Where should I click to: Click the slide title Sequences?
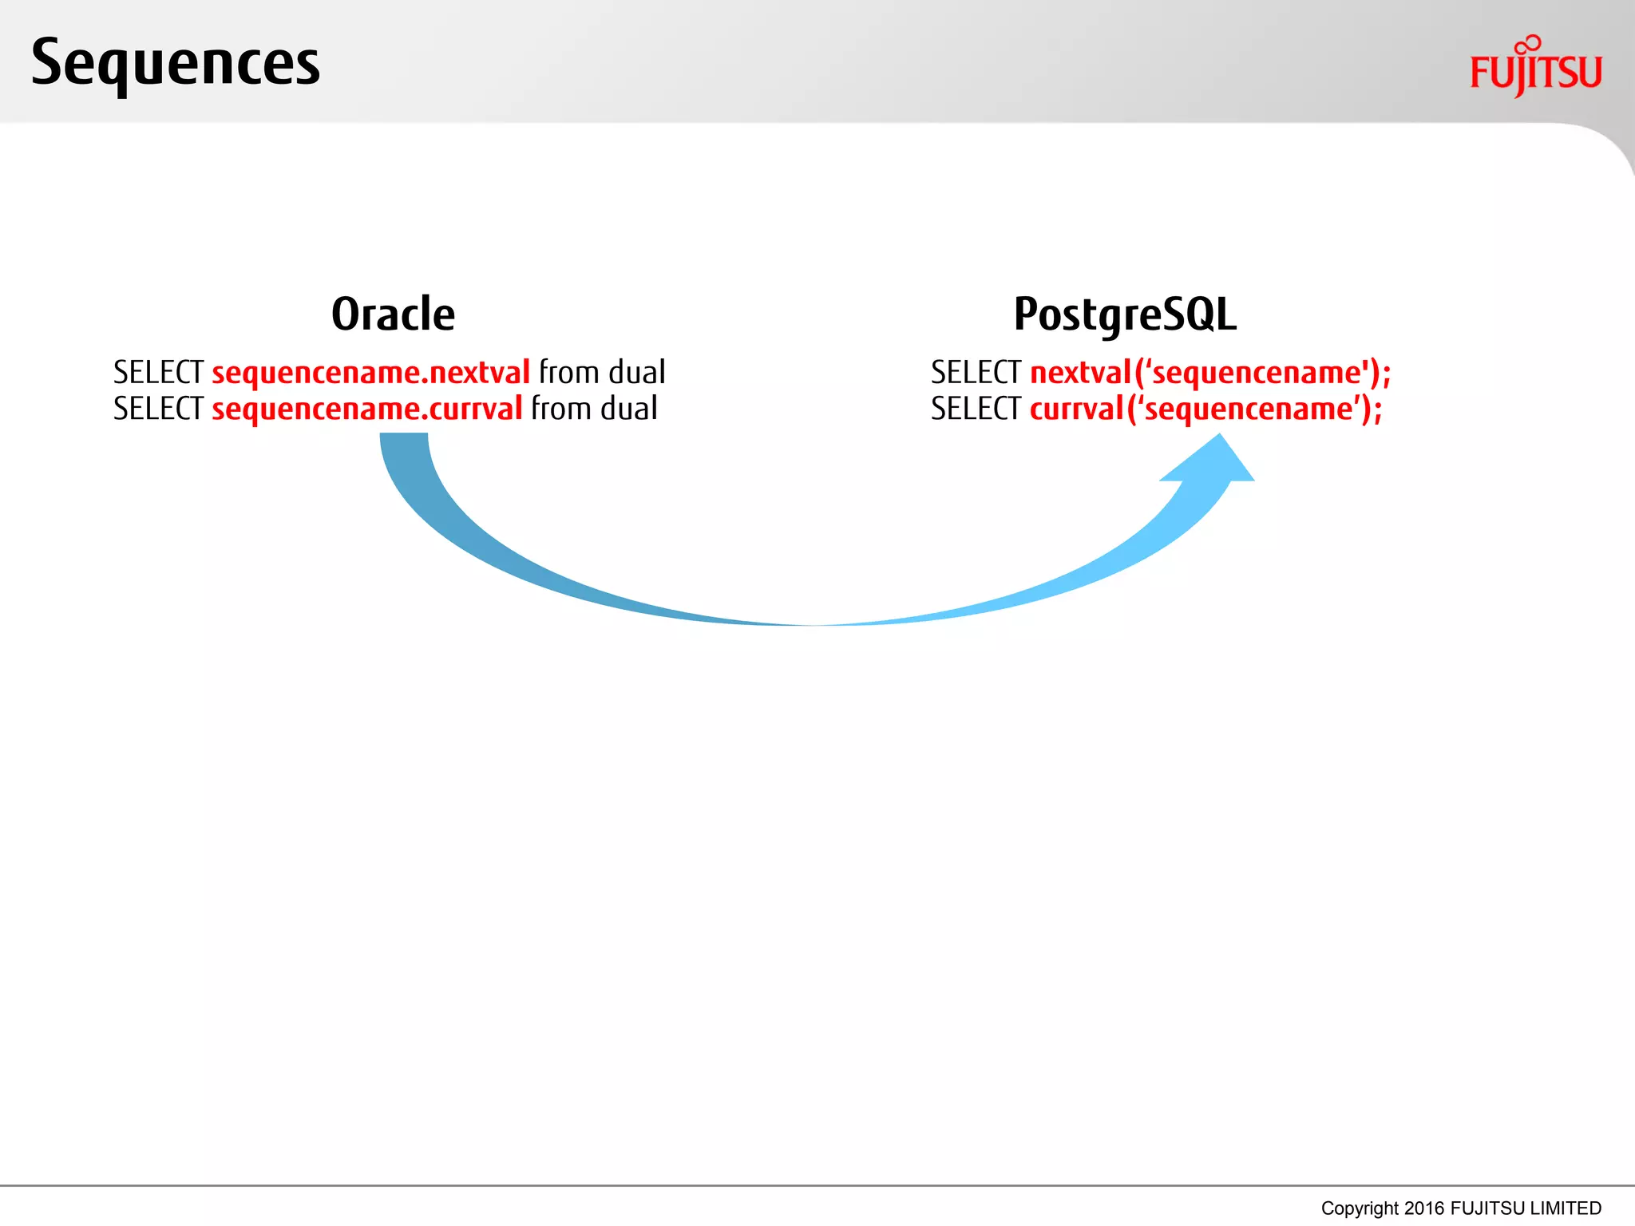point(176,64)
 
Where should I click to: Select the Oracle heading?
point(393,314)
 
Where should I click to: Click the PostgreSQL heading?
point(1125,314)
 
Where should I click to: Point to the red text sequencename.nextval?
point(370,373)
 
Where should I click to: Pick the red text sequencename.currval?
point(366,409)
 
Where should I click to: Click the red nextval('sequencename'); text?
point(1210,373)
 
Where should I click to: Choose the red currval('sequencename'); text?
point(1205,409)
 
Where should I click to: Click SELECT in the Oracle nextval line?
point(158,373)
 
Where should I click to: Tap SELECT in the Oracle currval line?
point(158,409)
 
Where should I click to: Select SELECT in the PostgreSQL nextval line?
point(976,373)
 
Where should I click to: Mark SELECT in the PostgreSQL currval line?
point(976,409)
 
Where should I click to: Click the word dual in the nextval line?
point(636,373)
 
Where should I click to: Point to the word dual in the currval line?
point(629,409)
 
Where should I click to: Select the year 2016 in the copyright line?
point(1424,1208)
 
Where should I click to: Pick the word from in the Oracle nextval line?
point(568,373)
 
